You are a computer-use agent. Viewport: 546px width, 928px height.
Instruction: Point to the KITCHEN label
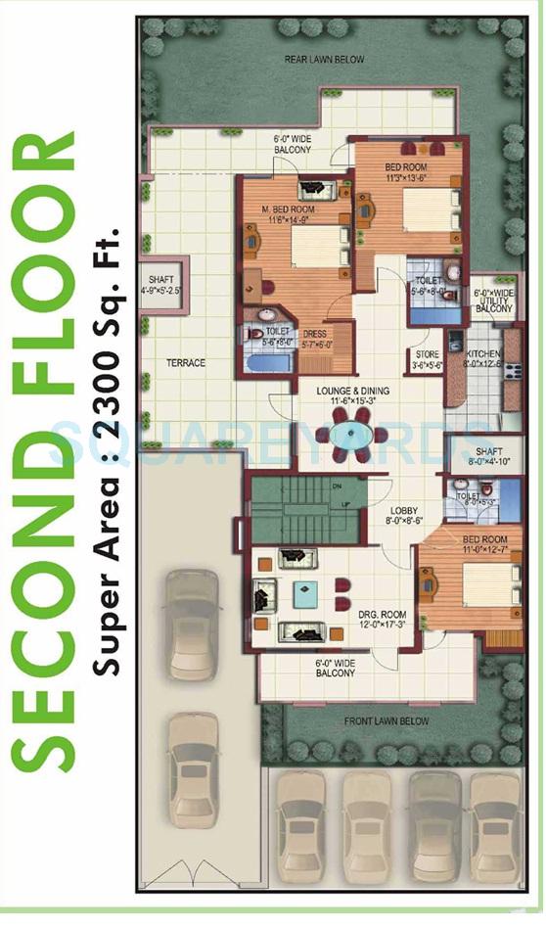click(483, 353)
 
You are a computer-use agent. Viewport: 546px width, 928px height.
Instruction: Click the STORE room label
click(428, 354)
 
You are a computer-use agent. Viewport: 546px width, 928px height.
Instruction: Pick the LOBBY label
click(403, 510)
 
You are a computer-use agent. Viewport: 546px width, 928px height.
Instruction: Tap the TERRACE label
click(185, 363)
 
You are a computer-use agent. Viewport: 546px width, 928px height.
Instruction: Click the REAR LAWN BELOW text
click(324, 60)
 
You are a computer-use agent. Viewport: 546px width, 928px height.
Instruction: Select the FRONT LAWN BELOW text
click(386, 721)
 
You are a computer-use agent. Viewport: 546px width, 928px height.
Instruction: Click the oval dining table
click(349, 434)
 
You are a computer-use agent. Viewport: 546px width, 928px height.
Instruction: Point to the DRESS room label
click(314, 333)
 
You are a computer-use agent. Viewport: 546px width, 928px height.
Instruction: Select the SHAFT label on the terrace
click(162, 279)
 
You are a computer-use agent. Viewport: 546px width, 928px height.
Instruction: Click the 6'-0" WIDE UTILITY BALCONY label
click(493, 301)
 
